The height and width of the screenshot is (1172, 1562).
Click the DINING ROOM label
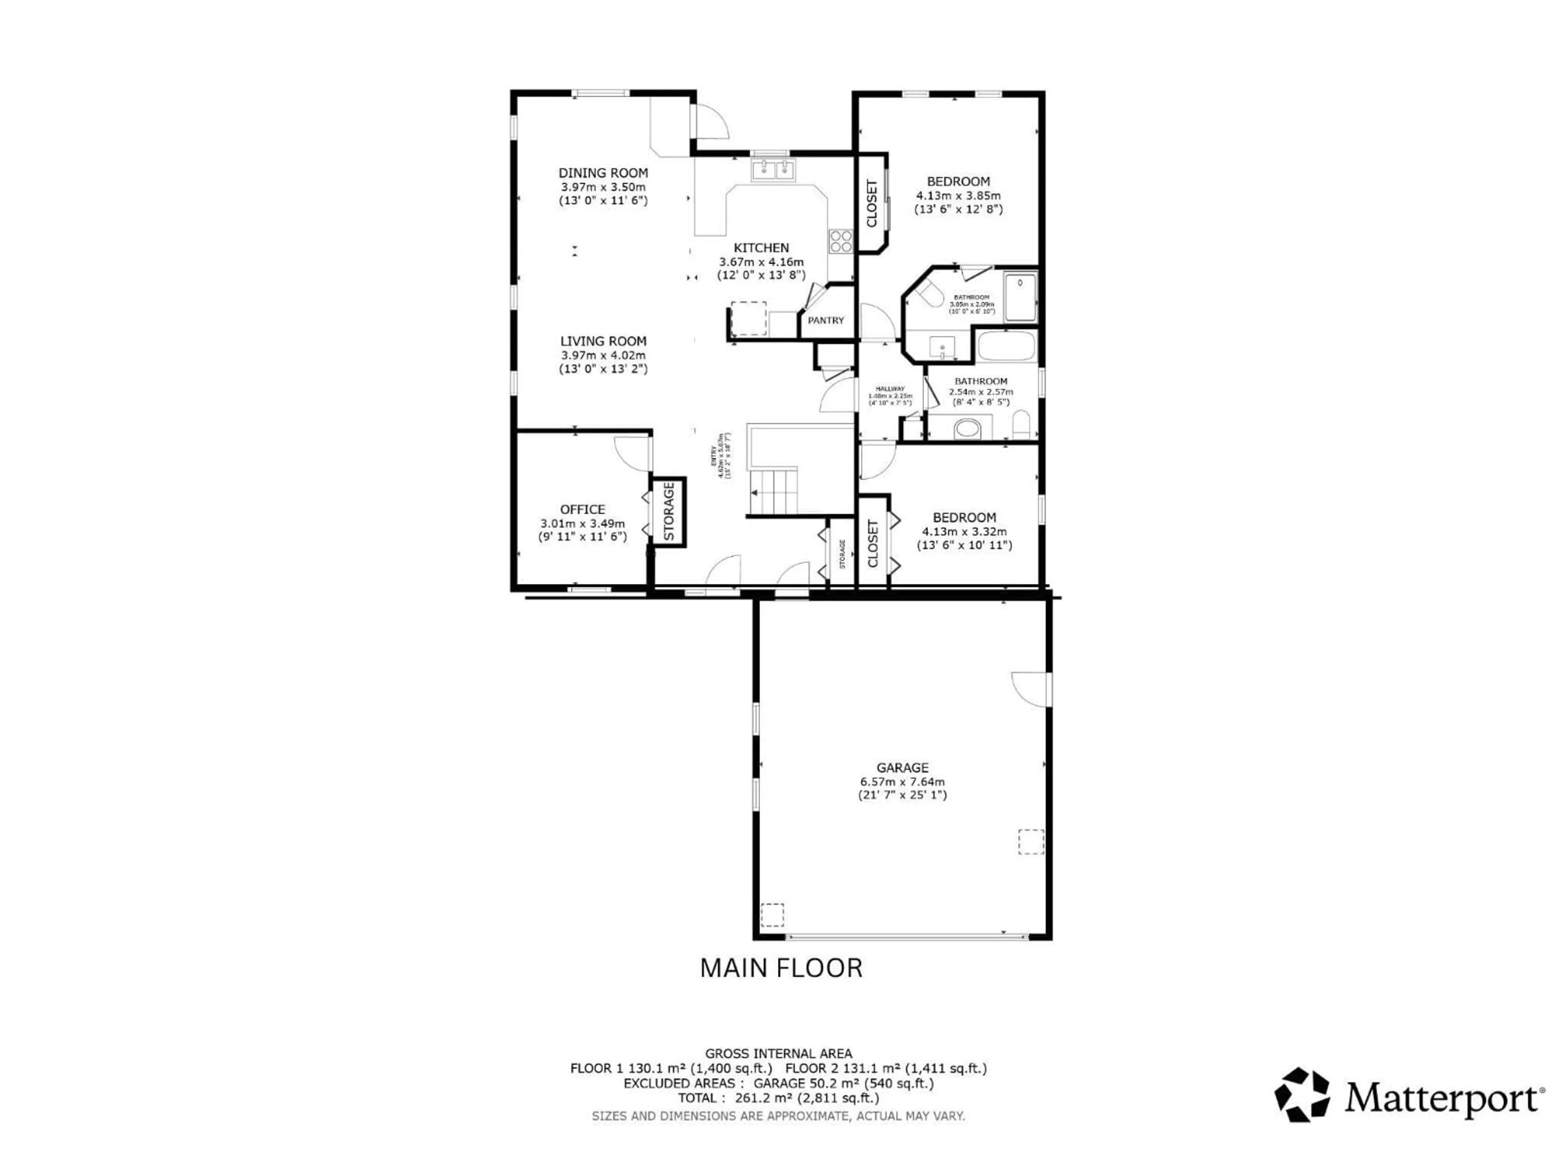[x=603, y=173]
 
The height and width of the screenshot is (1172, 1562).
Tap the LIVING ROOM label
[x=603, y=341]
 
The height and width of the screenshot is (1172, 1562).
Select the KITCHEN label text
[x=761, y=248]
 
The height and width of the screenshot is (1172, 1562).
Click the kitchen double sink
[x=774, y=170]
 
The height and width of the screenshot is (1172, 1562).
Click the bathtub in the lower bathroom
[x=1006, y=347]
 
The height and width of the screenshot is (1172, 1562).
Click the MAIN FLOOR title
[x=781, y=968]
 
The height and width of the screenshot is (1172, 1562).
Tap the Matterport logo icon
[x=1301, y=1094]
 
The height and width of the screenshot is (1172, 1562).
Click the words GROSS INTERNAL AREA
[x=778, y=1053]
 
